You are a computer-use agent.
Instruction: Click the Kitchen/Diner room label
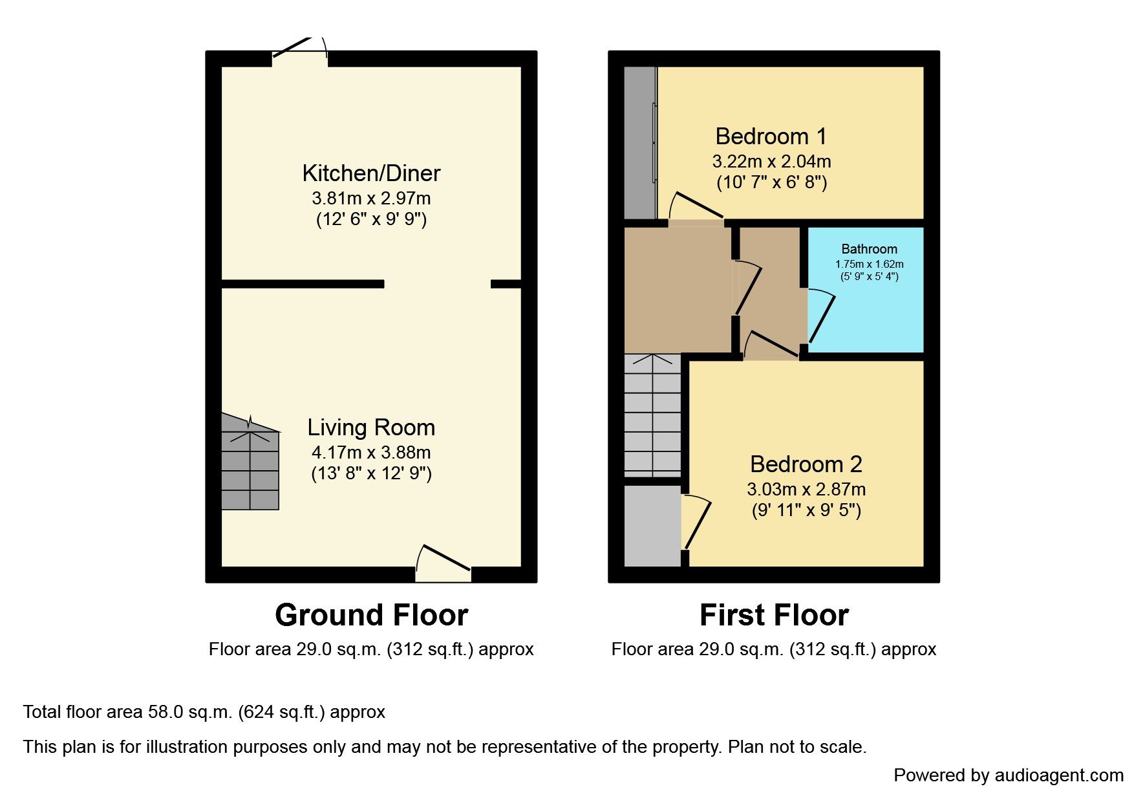(371, 173)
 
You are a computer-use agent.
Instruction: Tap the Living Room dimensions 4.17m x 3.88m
(371, 453)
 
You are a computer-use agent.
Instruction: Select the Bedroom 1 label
(771, 136)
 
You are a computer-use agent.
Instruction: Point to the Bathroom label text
(869, 249)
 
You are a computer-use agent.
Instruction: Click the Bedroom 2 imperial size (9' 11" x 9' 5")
(806, 510)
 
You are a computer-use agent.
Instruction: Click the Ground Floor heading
(371, 615)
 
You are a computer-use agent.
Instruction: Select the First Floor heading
(774, 615)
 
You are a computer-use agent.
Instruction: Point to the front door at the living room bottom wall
(444, 563)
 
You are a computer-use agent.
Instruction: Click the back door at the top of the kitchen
(299, 52)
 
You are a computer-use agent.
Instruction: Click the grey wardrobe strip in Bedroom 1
(639, 142)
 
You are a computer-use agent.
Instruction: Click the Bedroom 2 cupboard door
(696, 523)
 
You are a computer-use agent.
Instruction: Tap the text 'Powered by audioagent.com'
(1008, 775)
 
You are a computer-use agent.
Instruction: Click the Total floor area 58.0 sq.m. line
(204, 712)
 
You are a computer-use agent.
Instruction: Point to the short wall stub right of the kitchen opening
(506, 284)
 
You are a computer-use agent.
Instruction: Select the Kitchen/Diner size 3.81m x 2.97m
(371, 199)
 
